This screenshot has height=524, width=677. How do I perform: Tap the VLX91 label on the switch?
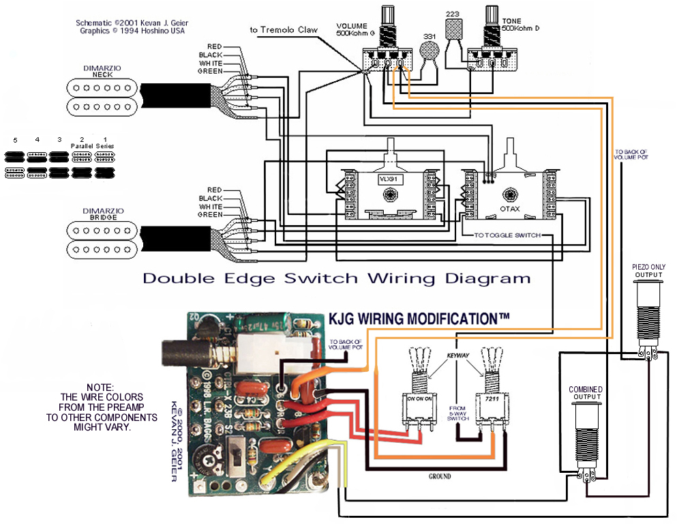389,179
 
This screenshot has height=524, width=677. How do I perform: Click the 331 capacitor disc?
428,52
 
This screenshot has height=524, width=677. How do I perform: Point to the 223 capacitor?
453,29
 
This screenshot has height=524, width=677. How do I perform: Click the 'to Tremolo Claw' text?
283,29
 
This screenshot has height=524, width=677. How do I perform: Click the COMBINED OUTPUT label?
586,393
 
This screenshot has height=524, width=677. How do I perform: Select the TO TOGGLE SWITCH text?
507,235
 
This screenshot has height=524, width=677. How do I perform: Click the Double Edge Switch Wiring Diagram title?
336,278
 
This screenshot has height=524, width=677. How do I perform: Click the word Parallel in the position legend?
82,146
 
